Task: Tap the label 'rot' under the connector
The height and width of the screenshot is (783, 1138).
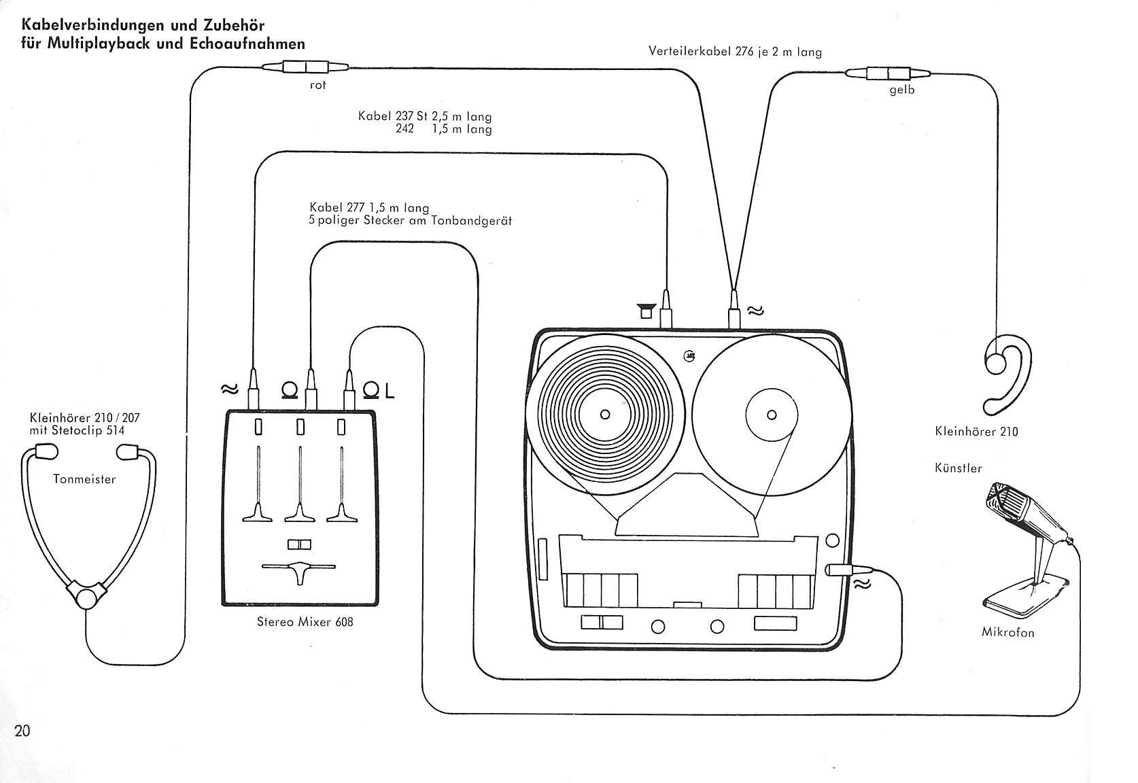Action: pos(318,86)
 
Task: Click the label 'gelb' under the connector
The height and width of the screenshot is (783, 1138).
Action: pos(902,90)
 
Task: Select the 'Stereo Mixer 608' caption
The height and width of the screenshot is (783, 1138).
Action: pos(305,621)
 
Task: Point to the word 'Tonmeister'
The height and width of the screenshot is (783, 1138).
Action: pos(84,478)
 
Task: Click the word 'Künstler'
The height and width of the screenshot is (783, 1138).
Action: pos(958,468)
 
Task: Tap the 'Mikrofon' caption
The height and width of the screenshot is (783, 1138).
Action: pos(1008,632)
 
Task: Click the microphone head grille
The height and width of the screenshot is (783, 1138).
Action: pos(999,499)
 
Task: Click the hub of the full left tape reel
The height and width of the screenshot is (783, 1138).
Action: pos(605,415)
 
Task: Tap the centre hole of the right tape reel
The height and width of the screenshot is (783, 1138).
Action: pos(772,415)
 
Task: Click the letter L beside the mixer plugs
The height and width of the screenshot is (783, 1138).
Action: pos(389,391)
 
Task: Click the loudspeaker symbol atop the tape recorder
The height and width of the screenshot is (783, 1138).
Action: pos(646,310)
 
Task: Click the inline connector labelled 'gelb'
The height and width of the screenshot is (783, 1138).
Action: pos(888,73)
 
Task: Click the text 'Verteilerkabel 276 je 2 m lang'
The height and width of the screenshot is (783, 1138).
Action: pos(735,51)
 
